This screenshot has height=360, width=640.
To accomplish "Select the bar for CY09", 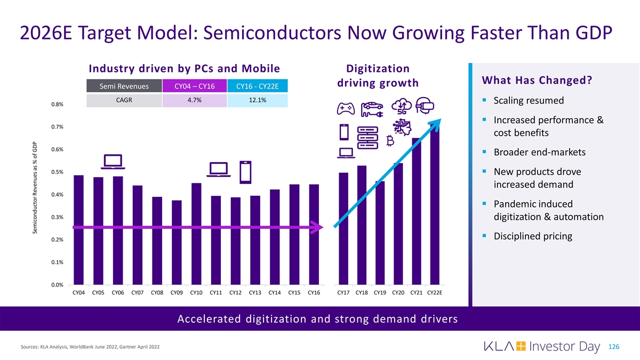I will (x=177, y=243).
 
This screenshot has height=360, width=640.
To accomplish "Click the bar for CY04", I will (x=79, y=230).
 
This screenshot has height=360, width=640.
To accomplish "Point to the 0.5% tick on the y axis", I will (x=58, y=172).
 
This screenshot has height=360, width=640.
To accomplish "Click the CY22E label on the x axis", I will (x=435, y=292).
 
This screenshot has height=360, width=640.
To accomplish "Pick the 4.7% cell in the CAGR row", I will (x=194, y=100).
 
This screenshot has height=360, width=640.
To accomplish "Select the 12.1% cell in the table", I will (x=258, y=100).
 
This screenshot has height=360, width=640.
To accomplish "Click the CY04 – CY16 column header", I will (x=194, y=86).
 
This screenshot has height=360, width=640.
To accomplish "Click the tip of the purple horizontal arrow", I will (x=322, y=228).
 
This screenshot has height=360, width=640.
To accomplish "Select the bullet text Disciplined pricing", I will (x=533, y=236).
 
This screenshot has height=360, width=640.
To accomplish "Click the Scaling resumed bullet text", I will (x=529, y=101).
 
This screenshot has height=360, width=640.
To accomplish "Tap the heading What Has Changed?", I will (x=536, y=80).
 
